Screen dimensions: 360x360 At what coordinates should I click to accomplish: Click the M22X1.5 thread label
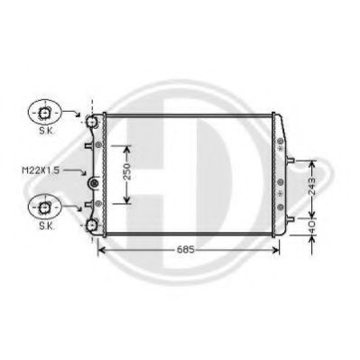pos(39,168)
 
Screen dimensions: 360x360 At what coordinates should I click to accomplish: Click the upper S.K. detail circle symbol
pos(42,113)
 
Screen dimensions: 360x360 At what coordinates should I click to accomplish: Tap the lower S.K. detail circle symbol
pos(42,208)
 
